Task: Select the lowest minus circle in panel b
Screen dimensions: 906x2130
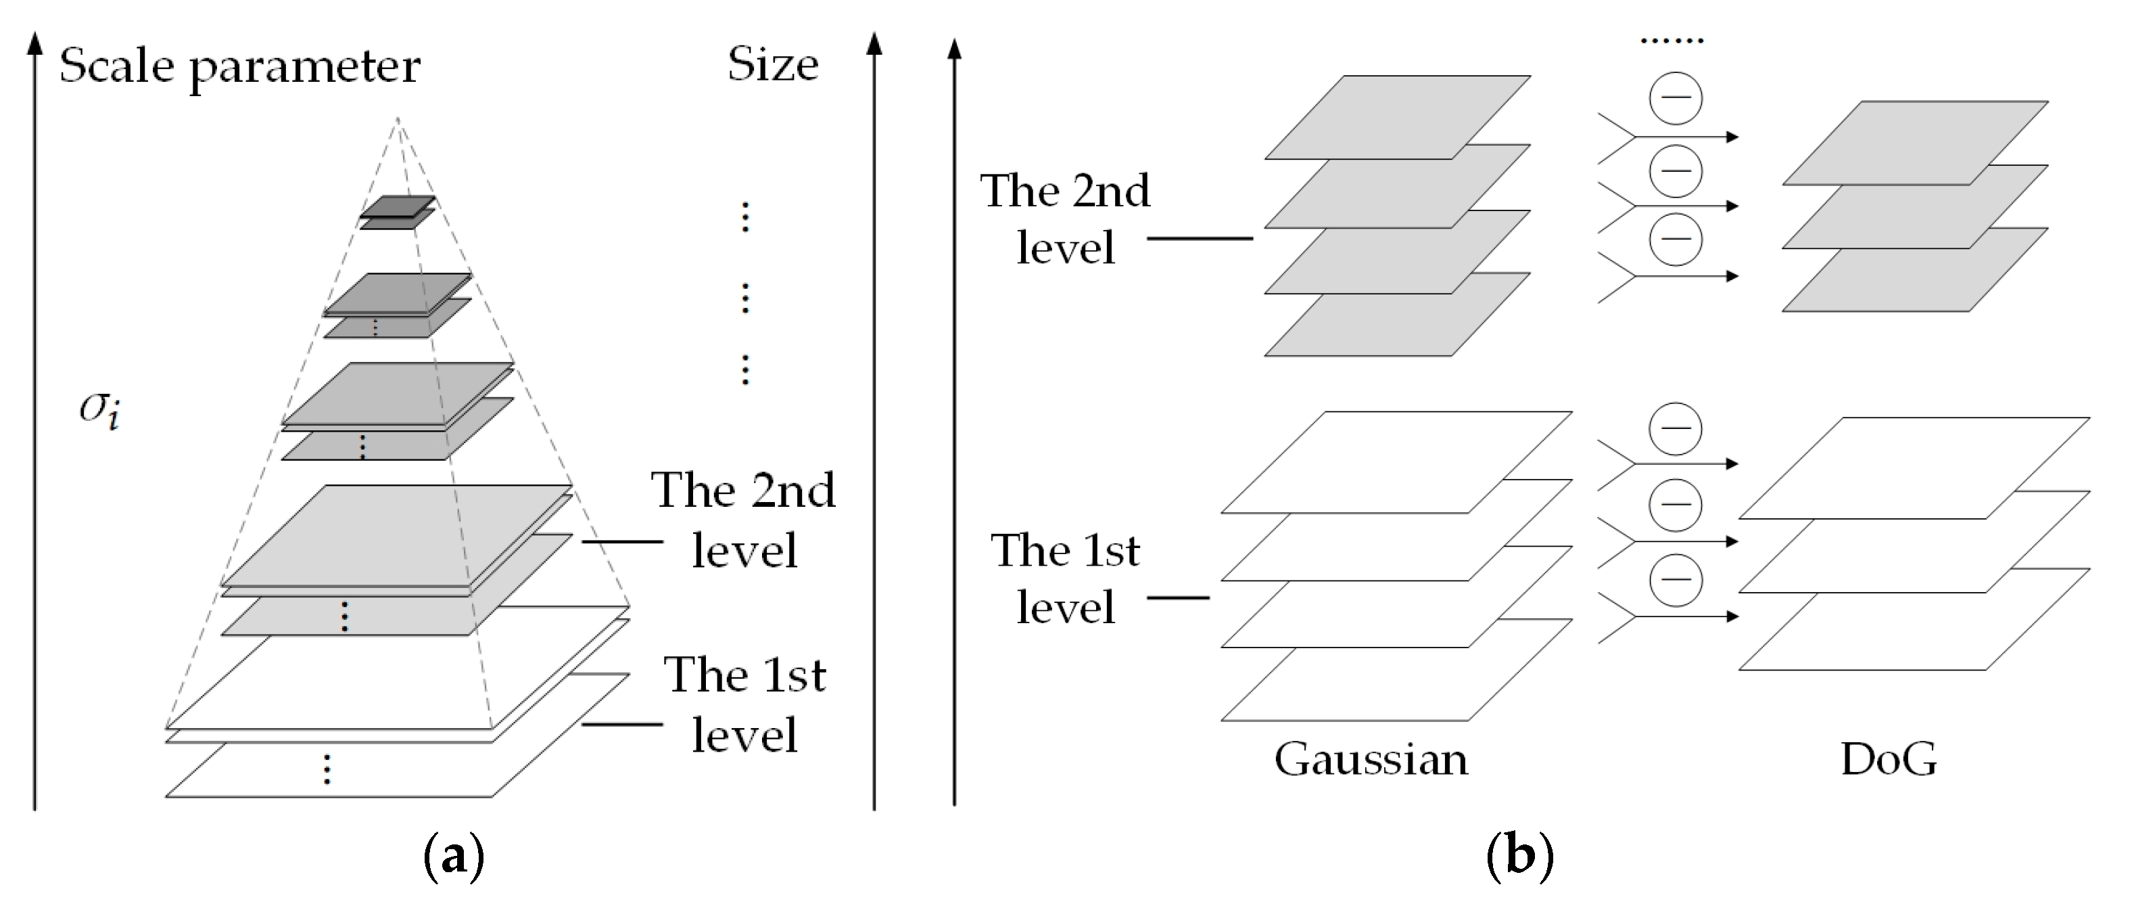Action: pyautogui.click(x=1675, y=579)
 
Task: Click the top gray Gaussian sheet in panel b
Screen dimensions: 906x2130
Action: pyautogui.click(x=1398, y=116)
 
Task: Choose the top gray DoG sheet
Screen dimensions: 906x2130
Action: pyautogui.click(x=1915, y=141)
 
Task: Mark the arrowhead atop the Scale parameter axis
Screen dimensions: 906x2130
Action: pyautogui.click(x=34, y=41)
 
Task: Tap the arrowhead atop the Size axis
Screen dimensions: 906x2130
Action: pyautogui.click(x=874, y=41)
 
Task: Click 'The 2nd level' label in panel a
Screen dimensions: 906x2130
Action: pyautogui.click(x=742, y=520)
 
